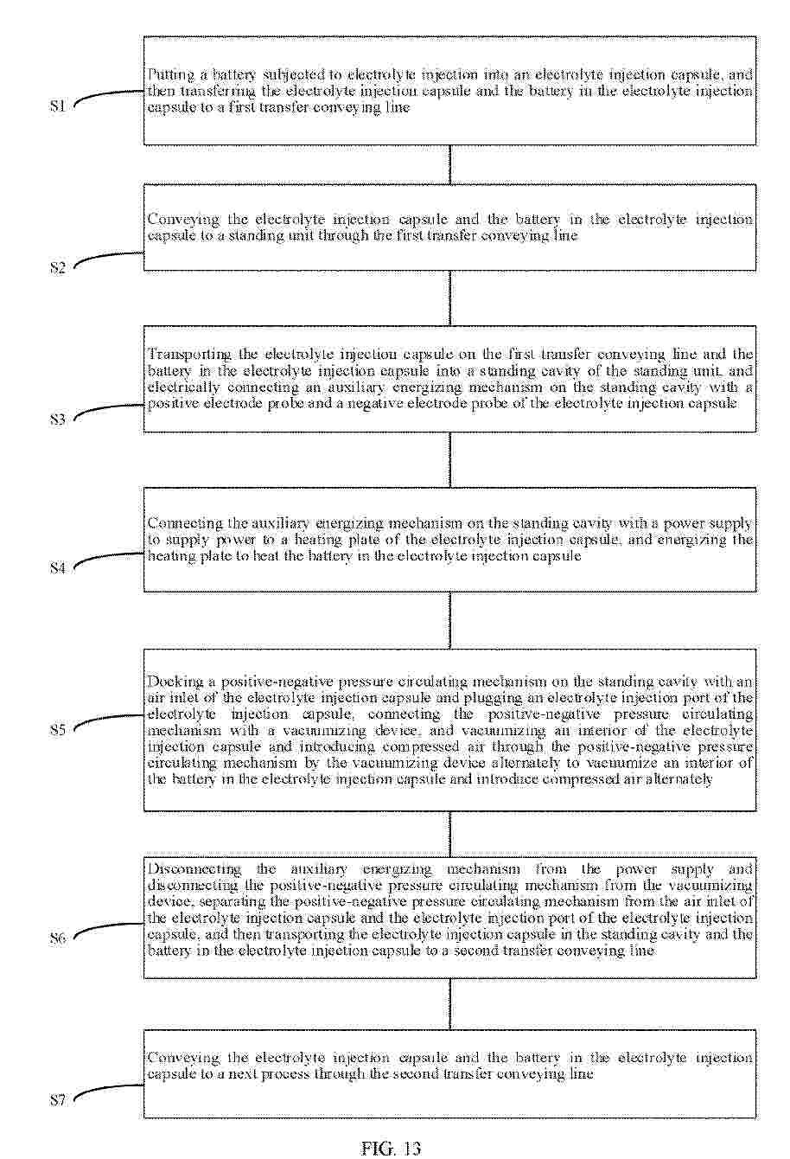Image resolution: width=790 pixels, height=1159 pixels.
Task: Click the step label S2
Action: (x=57, y=267)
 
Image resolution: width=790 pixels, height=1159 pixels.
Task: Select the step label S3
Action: (x=57, y=420)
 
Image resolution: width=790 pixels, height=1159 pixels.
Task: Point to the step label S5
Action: (x=57, y=730)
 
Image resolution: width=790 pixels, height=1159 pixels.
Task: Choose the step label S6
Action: (x=57, y=938)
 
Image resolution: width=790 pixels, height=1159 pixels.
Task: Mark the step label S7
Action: (x=57, y=1100)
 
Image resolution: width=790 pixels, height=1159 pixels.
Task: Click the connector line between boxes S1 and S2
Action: (x=449, y=164)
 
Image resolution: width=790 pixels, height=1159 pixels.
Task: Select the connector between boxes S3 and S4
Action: (x=449, y=459)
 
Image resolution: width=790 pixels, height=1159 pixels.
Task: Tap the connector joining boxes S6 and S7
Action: (x=449, y=1004)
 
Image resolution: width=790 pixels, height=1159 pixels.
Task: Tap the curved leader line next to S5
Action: (x=105, y=720)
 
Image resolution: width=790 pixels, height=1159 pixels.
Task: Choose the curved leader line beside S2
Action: (x=105, y=258)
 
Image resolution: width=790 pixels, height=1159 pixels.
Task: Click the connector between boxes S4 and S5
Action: (x=449, y=620)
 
